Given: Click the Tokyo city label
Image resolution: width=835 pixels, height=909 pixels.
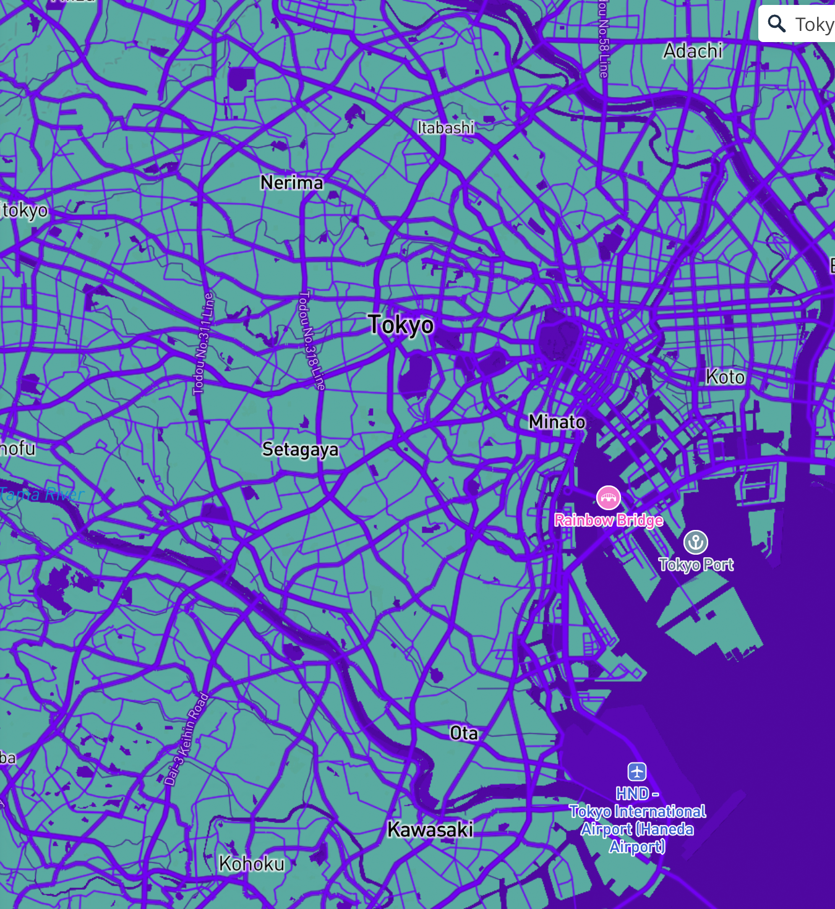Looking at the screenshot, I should [401, 325].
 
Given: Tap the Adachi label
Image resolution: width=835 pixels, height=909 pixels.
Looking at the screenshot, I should [693, 51].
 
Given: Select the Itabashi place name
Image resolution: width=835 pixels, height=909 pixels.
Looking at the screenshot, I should [445, 128].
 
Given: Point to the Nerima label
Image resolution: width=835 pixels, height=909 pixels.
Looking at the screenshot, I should [292, 183].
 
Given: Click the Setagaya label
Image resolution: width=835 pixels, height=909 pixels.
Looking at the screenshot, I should [300, 450].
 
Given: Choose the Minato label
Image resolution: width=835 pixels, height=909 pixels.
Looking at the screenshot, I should [557, 422].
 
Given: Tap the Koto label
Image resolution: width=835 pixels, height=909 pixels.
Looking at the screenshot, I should [725, 377].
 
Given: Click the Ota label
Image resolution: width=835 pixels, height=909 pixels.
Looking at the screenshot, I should [464, 733].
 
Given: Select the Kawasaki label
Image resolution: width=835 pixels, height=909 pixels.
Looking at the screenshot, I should [430, 829].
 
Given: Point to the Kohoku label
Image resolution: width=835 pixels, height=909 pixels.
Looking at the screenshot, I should [252, 863].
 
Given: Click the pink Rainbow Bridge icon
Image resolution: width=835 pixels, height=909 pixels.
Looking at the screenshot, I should [609, 498].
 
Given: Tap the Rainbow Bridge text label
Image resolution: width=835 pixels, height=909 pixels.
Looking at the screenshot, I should [609, 521].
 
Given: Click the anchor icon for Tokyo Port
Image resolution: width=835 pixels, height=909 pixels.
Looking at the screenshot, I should [696, 542].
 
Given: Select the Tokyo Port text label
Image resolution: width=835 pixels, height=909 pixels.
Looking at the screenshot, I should [696, 565].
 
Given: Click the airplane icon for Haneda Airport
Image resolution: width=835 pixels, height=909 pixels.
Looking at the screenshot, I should [637, 772].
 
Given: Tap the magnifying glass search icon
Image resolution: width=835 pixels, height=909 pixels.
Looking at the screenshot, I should [777, 24].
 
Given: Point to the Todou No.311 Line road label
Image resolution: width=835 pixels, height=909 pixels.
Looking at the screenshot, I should [203, 344].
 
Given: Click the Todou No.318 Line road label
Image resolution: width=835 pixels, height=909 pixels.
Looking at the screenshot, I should [311, 340].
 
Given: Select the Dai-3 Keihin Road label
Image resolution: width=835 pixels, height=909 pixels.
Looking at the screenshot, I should [187, 739].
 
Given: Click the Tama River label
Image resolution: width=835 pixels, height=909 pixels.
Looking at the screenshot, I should [42, 494].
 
